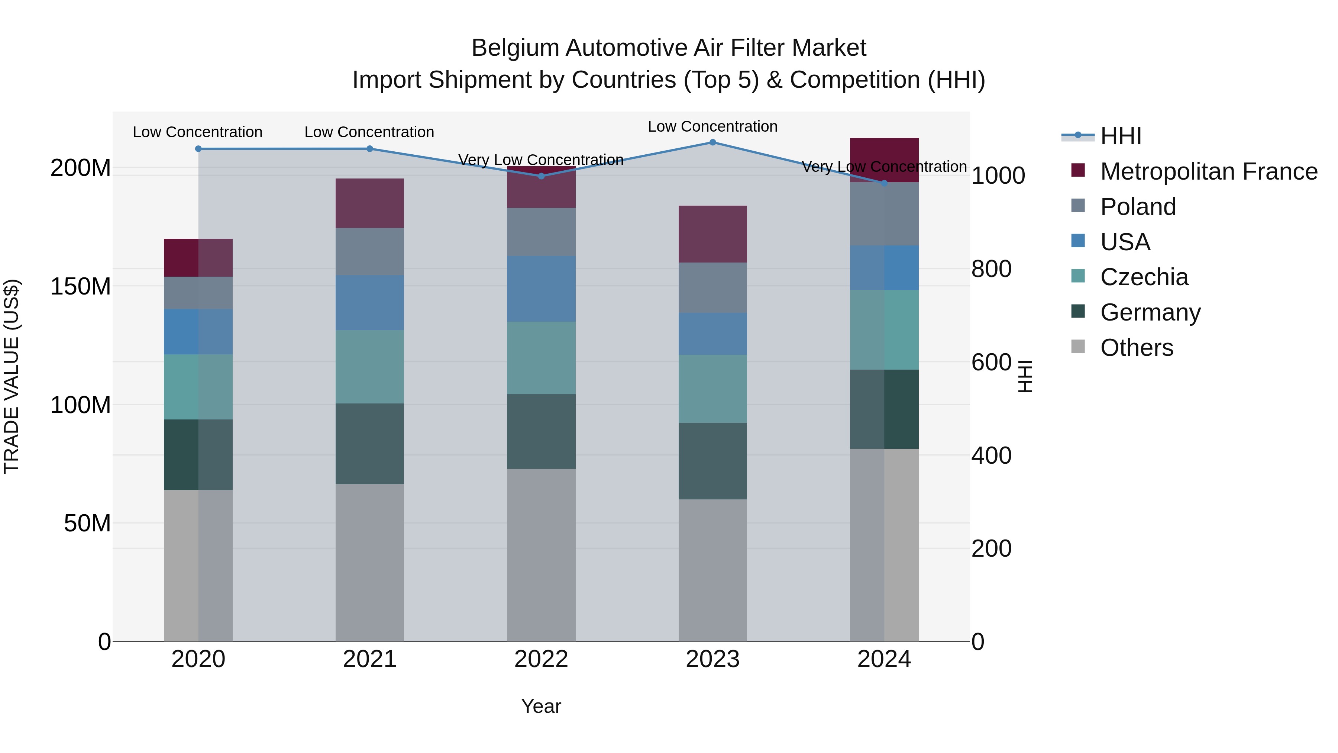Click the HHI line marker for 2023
click(712, 142)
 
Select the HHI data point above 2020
click(198, 149)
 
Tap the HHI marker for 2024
click(884, 183)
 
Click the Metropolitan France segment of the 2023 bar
click(712, 234)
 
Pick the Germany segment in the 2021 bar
click(370, 444)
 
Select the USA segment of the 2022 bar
click(541, 289)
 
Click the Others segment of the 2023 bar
click(712, 570)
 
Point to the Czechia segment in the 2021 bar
click(370, 367)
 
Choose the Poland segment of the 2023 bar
click(712, 287)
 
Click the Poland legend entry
click(1138, 207)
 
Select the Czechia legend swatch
click(1078, 276)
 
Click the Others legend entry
click(1137, 348)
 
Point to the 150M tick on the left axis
click(81, 286)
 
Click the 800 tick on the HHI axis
click(991, 269)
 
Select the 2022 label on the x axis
click(541, 659)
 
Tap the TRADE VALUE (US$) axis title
click(12, 376)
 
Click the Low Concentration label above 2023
click(712, 126)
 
